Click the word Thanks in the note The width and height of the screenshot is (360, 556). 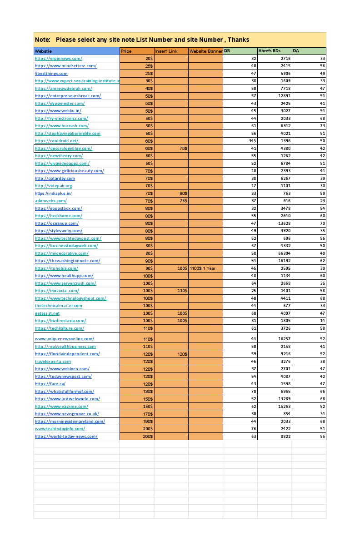pos(239,40)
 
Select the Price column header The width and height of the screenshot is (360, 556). pos(126,51)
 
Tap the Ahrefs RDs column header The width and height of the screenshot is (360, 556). pos(269,51)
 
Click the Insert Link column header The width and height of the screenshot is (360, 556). pos(166,51)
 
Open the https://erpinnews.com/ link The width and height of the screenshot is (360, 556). pos(59,59)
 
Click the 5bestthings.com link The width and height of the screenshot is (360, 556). pos(51,74)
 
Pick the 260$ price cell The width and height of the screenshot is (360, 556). pos(148,437)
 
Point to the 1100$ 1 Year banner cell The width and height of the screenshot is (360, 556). pos(203,268)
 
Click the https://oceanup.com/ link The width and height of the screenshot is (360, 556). pos(57,223)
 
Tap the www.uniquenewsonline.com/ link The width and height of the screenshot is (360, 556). pos(65,339)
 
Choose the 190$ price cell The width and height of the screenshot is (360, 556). pos(148,422)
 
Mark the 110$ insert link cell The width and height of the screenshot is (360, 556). pos(181,291)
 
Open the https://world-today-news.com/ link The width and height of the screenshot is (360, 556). pos(66,437)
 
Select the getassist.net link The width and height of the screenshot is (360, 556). pos(47,313)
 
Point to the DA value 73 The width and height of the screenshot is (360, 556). pos(322,126)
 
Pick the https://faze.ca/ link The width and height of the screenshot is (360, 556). pos(50,384)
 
